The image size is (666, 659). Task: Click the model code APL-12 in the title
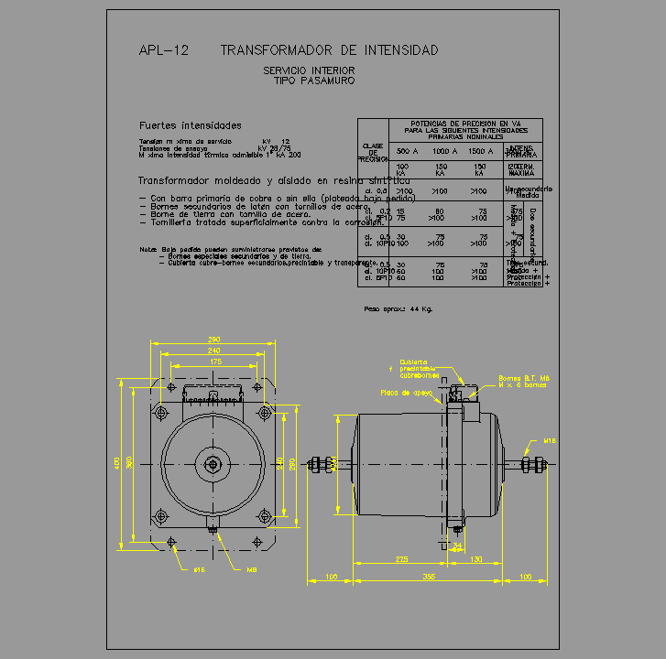[163, 51]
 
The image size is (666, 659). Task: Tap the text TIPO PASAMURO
[313, 81]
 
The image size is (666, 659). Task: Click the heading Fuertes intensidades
[190, 125]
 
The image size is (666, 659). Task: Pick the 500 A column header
[406, 151]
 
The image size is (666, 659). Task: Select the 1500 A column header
[480, 151]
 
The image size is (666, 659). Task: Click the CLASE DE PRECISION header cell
[372, 152]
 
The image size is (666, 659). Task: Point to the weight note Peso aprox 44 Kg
[399, 309]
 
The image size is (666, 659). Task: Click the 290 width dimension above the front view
[213, 340]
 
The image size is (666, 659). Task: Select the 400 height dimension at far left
[117, 463]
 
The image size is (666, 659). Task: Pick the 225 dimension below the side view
[401, 558]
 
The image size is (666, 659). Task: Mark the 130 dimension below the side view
[476, 558]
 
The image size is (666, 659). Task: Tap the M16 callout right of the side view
[550, 441]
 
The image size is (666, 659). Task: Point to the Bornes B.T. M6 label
[523, 377]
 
